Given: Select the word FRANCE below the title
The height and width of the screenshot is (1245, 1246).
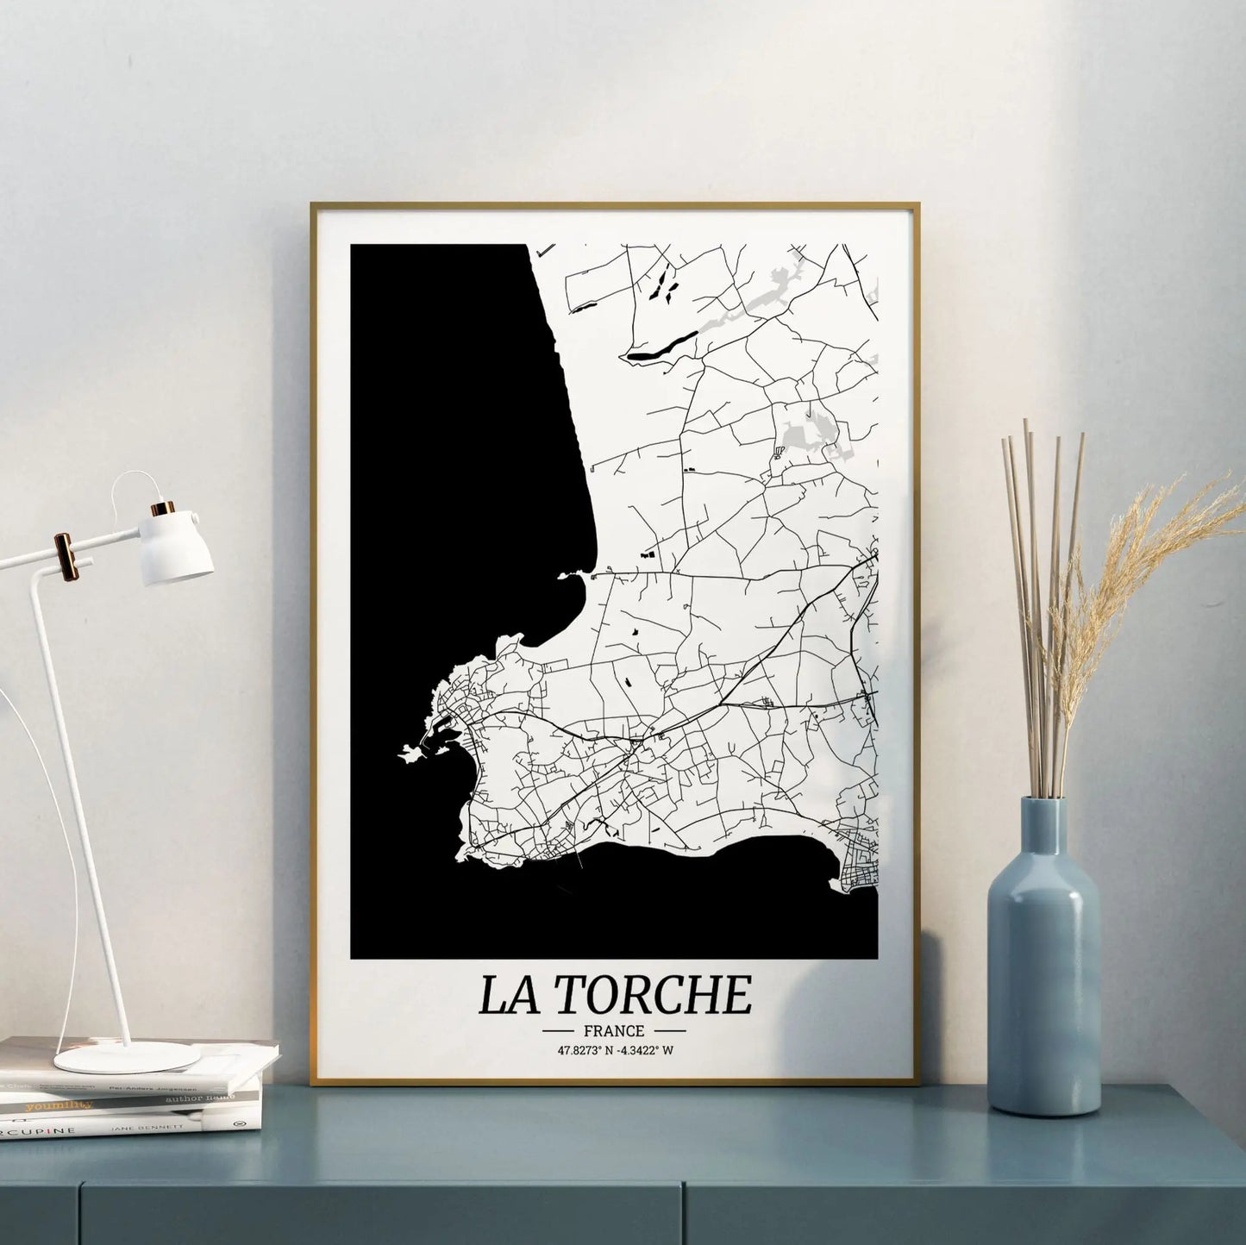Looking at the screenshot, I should click(613, 1030).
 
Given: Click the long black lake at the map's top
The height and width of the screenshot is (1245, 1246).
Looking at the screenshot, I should click(661, 347).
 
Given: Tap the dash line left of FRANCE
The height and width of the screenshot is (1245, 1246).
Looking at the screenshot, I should click(559, 1030).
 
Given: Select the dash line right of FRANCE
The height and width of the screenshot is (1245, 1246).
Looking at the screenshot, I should click(669, 1030).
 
